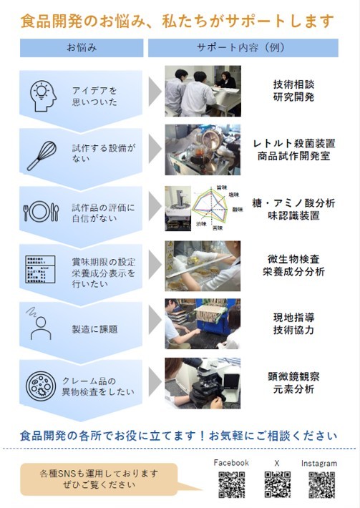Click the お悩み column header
tap(82, 48)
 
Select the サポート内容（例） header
tap(243, 48)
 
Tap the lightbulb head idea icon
tap(43, 95)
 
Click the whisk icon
tap(42, 155)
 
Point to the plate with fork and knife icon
tap(42, 212)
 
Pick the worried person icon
tap(40, 326)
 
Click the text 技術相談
tap(293, 84)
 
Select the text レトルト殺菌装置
tap(293, 143)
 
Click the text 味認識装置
tap(293, 216)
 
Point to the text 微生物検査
tap(293, 258)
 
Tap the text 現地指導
tap(293, 317)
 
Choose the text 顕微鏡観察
tap(293, 376)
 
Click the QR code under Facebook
tap(231, 484)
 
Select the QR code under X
tap(277, 484)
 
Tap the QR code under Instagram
tap(321, 484)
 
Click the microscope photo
tap(203, 383)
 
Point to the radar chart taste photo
tap(203, 208)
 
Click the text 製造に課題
tap(94, 330)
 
